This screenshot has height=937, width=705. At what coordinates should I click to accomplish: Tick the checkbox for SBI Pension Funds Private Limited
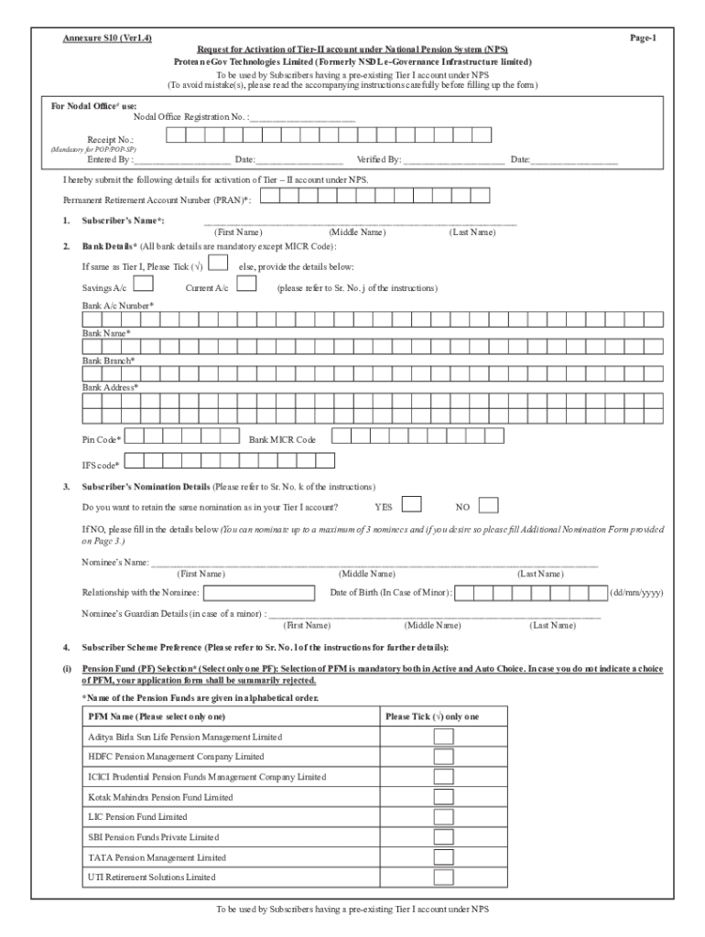[443, 837]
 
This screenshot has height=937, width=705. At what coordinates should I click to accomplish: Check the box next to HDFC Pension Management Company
[443, 757]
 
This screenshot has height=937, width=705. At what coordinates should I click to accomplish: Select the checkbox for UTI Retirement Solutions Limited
[443, 878]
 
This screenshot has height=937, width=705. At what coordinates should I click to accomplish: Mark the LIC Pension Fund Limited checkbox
[443, 817]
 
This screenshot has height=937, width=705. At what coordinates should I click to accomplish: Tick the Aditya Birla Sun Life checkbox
[443, 737]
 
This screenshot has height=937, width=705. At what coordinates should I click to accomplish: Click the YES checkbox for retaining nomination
[412, 505]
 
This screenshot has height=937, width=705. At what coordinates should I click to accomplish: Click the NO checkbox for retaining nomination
[490, 505]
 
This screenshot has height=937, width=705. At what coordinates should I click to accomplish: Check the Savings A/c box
[144, 285]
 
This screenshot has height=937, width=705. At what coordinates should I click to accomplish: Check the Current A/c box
[246, 285]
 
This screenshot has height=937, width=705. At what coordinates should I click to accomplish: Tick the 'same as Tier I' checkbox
[219, 264]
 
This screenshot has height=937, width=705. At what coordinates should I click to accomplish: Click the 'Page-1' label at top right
[643, 38]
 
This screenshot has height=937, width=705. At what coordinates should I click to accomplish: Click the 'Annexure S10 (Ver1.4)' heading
[107, 38]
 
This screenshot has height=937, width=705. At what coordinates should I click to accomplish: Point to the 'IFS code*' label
[101, 465]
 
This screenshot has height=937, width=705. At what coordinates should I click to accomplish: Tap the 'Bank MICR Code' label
[282, 439]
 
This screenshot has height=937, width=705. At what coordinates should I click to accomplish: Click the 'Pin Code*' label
[102, 439]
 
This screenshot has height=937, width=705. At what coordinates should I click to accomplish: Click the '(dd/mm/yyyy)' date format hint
[636, 593]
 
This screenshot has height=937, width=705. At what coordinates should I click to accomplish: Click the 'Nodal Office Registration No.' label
[190, 118]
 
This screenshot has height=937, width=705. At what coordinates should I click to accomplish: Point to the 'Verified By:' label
[379, 160]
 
